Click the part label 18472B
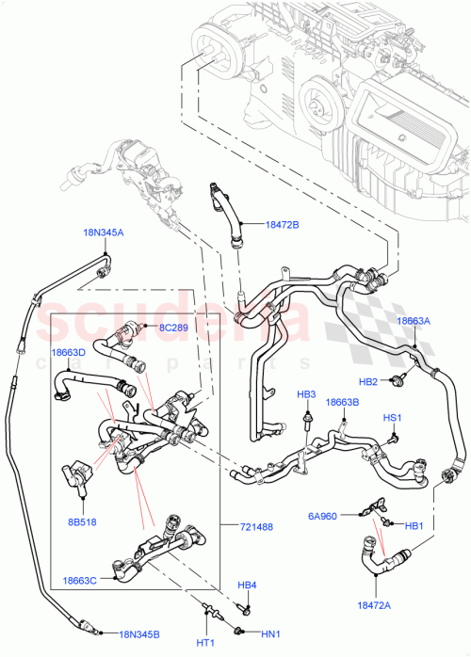pyautogui.click(x=282, y=225)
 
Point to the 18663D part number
pyautogui.click(x=68, y=352)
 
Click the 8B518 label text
pyautogui.click(x=81, y=521)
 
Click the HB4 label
pyautogui.click(x=246, y=586)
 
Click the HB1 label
pyautogui.click(x=414, y=526)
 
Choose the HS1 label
pyautogui.click(x=392, y=417)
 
